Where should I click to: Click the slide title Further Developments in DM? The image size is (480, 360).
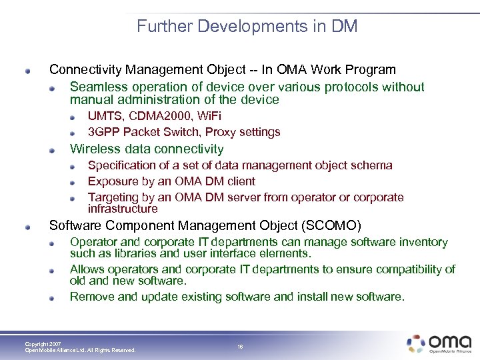(x=247, y=27)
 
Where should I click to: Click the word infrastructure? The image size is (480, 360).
(x=123, y=209)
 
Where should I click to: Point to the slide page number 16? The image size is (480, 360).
(x=240, y=347)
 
